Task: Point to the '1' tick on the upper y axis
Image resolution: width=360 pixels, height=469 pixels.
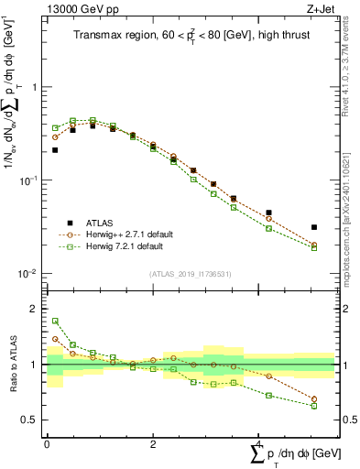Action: click(x=35, y=87)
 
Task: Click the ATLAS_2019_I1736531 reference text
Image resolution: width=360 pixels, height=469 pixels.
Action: click(x=191, y=274)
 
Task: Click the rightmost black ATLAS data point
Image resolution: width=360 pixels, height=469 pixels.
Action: click(x=313, y=227)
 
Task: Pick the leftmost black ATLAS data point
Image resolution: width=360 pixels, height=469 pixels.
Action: click(x=55, y=149)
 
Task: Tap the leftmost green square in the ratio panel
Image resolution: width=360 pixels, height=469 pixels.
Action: click(x=55, y=322)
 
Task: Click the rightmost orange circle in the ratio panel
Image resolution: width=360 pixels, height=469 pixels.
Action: click(x=313, y=399)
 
